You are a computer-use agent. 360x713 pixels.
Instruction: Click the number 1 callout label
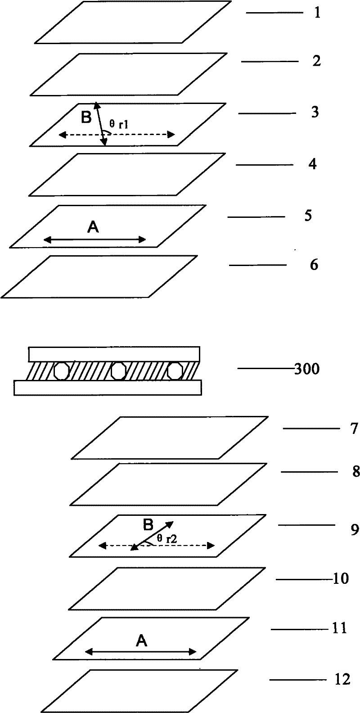[x=317, y=13]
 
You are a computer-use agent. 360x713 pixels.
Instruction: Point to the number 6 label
[x=314, y=265]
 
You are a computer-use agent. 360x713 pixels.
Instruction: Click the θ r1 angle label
[x=119, y=126]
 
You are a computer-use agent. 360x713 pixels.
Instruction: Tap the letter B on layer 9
[x=148, y=525]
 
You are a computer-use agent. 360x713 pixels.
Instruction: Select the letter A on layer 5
[x=93, y=229]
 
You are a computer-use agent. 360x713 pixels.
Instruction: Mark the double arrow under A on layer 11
[x=141, y=651]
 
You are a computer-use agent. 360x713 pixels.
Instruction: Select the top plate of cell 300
[x=114, y=354]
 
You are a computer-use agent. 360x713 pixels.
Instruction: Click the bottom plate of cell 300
[x=108, y=388]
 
